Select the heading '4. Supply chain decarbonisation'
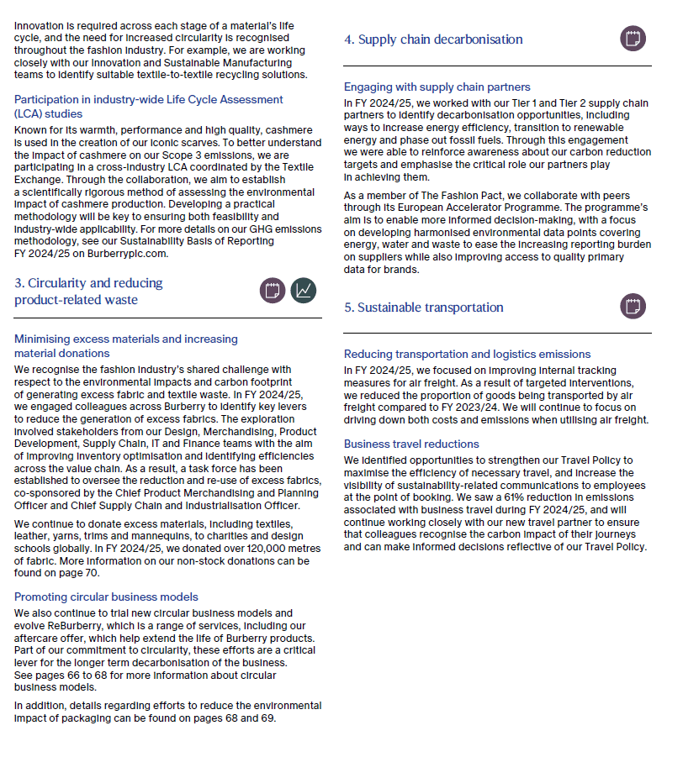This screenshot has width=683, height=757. click(433, 39)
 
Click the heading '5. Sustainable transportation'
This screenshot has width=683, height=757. click(423, 308)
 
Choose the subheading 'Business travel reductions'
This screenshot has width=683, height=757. click(411, 444)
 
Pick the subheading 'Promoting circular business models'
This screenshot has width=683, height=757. click(106, 597)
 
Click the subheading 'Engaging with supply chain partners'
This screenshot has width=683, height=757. click(437, 87)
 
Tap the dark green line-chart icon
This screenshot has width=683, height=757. click(304, 291)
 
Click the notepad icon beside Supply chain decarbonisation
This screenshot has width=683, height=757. click(633, 39)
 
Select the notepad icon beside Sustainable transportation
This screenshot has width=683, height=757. click(633, 307)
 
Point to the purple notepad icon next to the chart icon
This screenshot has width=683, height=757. click(272, 291)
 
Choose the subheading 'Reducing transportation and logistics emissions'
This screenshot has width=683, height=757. click(467, 354)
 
